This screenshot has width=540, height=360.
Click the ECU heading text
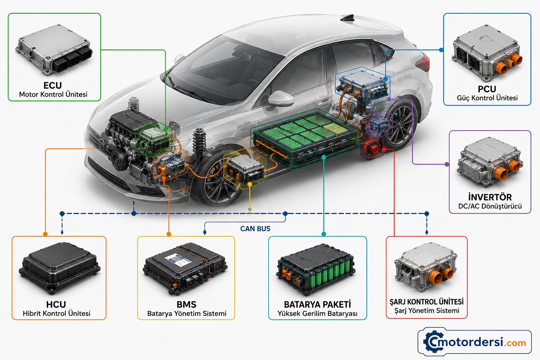[x=52, y=85]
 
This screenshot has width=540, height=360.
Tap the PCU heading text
[x=487, y=89]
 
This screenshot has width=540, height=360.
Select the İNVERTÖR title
[x=490, y=197]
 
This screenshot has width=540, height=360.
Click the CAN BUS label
[x=255, y=229]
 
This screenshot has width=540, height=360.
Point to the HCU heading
[x=56, y=304]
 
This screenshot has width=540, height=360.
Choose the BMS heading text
[x=186, y=304]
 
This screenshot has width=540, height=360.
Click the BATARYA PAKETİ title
[x=317, y=304]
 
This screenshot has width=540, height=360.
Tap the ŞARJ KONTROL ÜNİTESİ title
[x=426, y=302]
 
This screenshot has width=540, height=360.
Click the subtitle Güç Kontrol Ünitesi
[x=487, y=98]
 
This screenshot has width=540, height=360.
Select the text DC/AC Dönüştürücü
[x=490, y=206]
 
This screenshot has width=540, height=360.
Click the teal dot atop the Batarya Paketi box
[x=323, y=234]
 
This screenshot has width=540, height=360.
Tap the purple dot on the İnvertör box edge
[x=447, y=164]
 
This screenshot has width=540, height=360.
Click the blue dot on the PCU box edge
[x=441, y=50]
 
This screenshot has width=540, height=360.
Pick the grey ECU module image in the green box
[x=54, y=50]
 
